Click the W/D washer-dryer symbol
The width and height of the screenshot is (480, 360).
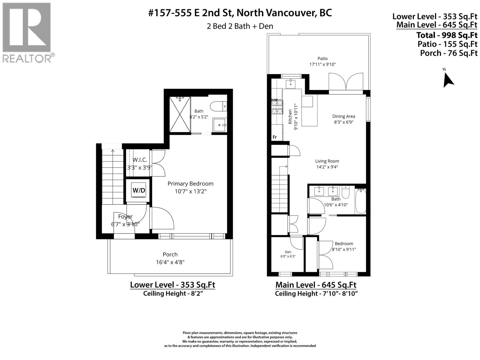[x=139, y=190]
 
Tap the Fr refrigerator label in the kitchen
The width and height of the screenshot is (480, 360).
[x=275, y=137]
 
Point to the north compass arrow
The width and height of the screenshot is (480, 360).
[x=448, y=79]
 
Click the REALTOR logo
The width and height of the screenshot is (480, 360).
[x=28, y=33]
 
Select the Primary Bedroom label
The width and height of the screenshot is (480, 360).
[x=190, y=184]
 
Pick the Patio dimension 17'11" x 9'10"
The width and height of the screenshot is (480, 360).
[x=322, y=64]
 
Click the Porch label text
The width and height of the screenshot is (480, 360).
[x=170, y=254]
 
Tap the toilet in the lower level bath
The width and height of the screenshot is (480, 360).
[x=218, y=106]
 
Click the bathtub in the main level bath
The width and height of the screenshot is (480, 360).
[x=361, y=201]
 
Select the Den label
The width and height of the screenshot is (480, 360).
[x=288, y=252]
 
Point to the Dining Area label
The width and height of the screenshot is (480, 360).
[x=344, y=116]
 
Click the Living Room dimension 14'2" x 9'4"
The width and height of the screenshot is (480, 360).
[x=327, y=167]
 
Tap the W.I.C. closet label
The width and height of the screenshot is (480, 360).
[x=140, y=160]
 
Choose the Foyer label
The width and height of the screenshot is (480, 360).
[x=125, y=217]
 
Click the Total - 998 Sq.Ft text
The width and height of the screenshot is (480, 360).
[x=447, y=35]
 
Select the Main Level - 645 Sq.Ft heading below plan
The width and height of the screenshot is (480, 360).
[x=316, y=285]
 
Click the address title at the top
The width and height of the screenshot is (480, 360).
[x=240, y=13]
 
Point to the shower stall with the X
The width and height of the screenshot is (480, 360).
[x=180, y=115]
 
